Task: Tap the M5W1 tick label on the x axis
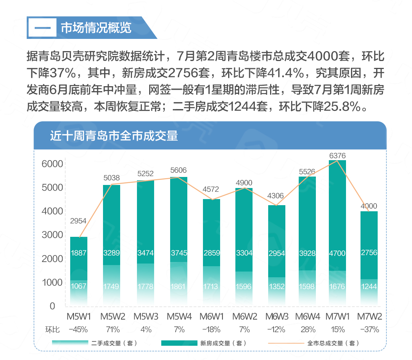pos(79,317)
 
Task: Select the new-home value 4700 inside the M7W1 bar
pos(337,252)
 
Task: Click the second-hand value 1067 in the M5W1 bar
pos(79,286)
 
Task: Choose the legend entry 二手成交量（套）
pos(114,343)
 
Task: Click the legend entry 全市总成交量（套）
pos(333,343)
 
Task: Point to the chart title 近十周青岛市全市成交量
pos(114,136)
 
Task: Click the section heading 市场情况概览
pos(96,28)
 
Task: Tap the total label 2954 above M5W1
pos(79,221)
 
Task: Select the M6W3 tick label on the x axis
pos(277,317)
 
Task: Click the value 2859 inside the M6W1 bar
pos(211,252)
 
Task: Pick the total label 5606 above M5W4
pos(178,170)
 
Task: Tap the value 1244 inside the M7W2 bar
pos(369,286)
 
